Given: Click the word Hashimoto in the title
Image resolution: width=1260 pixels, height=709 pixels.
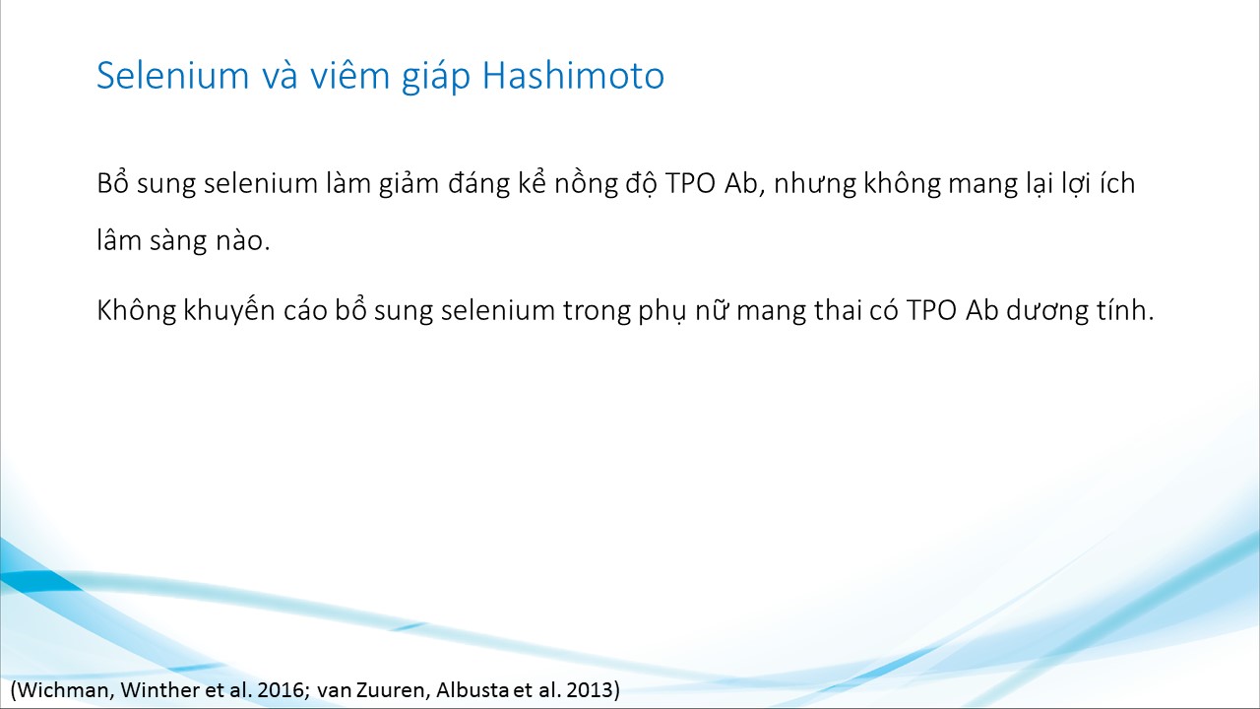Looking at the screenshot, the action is (573, 76).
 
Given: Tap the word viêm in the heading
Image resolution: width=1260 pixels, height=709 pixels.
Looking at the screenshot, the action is (349, 76).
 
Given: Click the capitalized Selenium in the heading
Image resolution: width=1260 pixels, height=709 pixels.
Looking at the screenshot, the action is (172, 76).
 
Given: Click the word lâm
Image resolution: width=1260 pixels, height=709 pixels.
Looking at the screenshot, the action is (119, 240).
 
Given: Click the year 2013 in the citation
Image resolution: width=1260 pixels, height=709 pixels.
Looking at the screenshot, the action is (590, 690).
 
